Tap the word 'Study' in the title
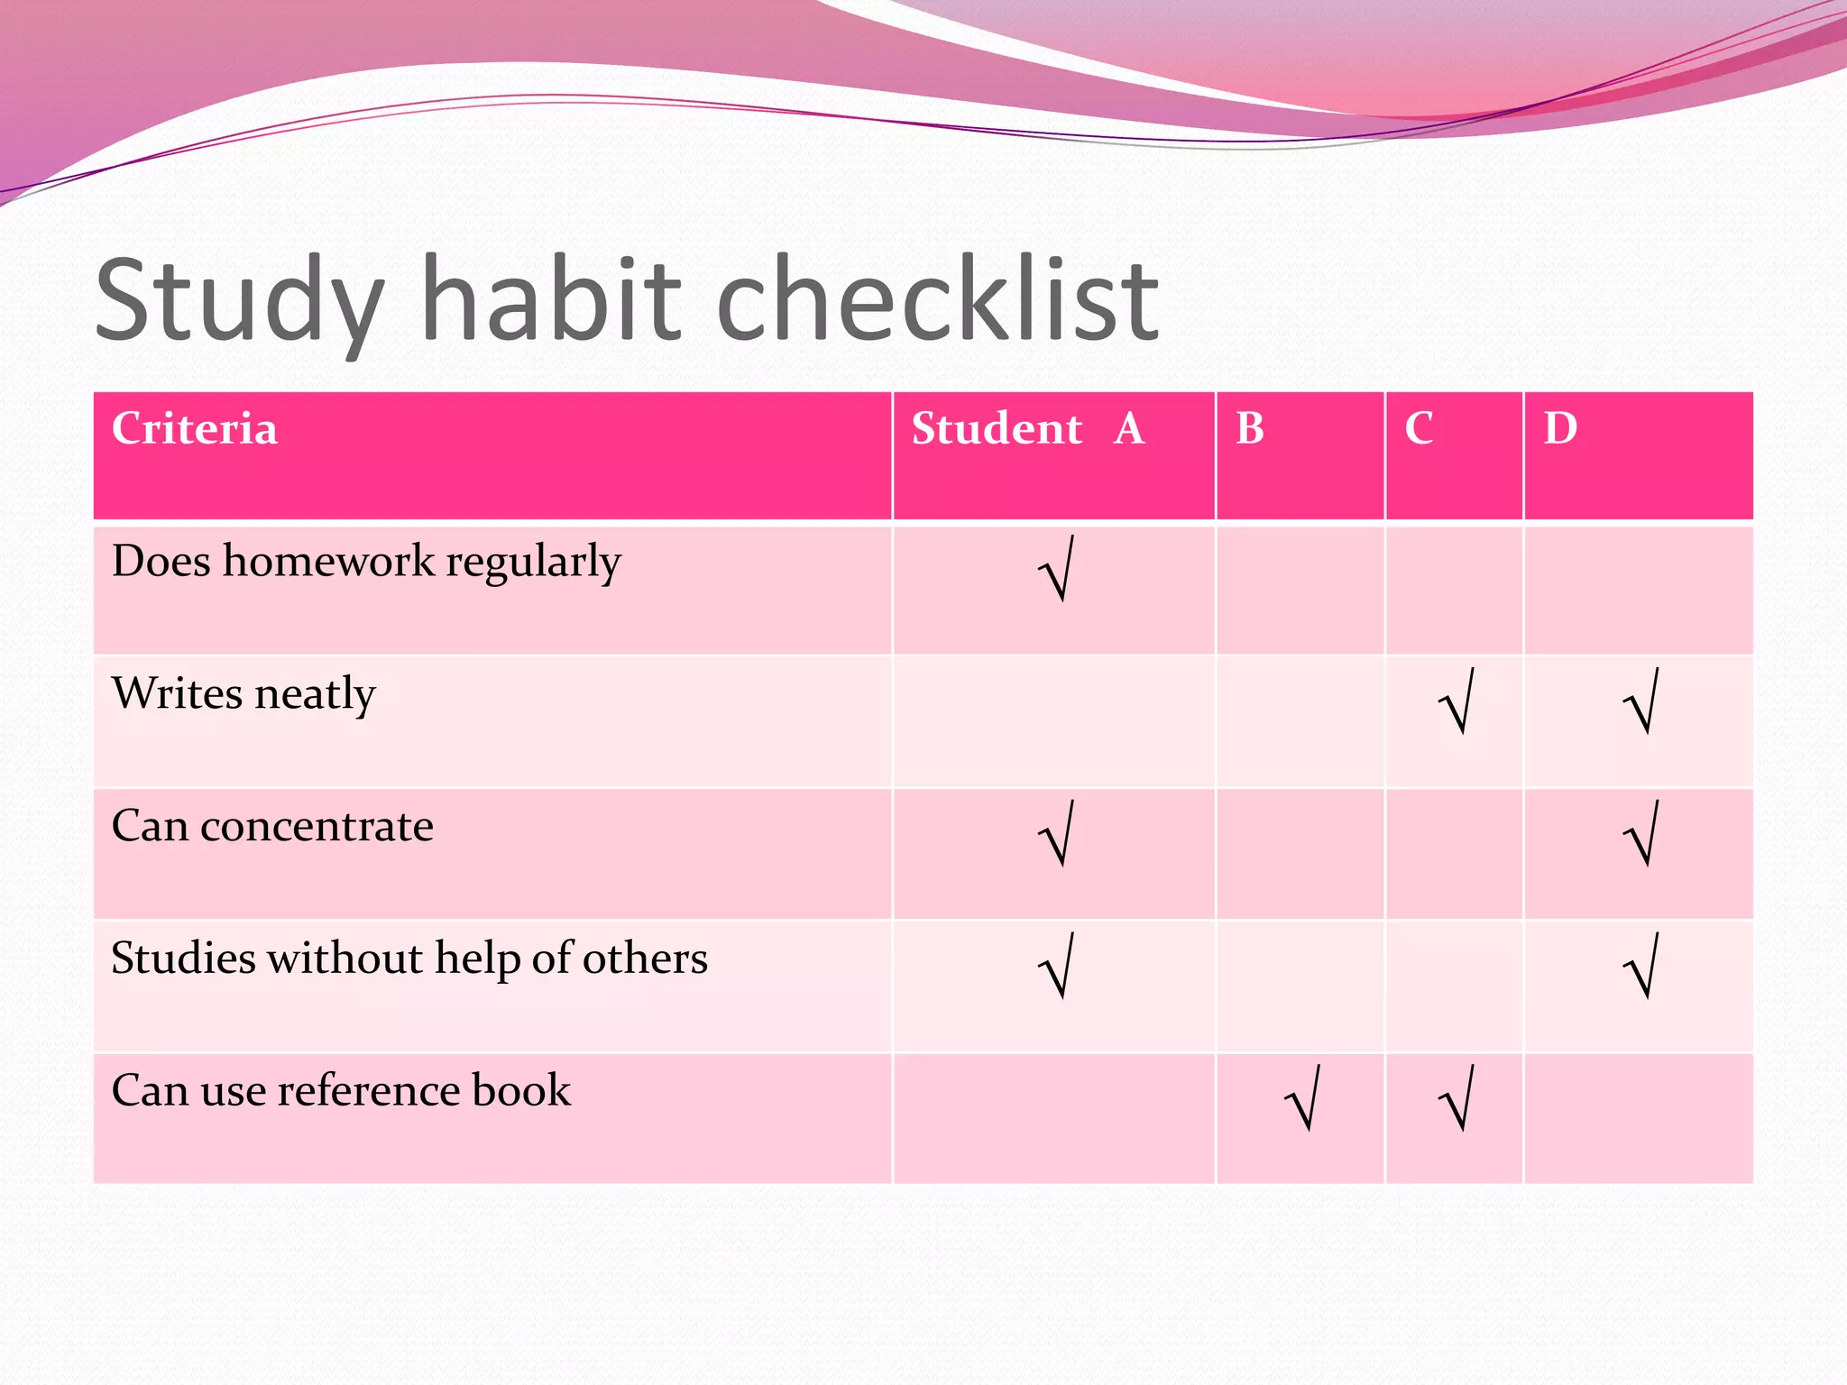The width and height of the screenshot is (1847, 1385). (x=240, y=302)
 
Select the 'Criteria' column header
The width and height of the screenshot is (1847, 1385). (x=194, y=428)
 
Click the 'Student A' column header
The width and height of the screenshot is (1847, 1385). (x=1027, y=428)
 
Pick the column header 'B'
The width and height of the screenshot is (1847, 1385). (x=1250, y=428)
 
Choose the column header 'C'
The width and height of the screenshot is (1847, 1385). (x=1419, y=428)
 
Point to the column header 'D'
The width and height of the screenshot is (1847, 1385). (x=1560, y=428)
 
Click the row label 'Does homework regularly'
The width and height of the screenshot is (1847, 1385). (x=366, y=562)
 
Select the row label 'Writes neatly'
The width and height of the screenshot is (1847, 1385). (x=244, y=694)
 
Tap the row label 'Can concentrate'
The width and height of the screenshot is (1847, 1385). (x=272, y=826)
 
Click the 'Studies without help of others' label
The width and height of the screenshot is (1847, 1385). (x=409, y=958)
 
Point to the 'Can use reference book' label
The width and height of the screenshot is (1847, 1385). (x=341, y=1090)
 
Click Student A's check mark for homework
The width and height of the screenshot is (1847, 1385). (x=1056, y=569)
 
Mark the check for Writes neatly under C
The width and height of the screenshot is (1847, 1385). (x=1456, y=702)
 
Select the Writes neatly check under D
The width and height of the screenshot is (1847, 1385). (x=1641, y=702)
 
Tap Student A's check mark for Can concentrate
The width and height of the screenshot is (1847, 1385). (x=1056, y=834)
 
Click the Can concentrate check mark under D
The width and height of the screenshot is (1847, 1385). (x=1641, y=834)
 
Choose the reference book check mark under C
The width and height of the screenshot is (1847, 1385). (x=1456, y=1098)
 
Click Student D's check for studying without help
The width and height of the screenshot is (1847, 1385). (x=1641, y=967)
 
